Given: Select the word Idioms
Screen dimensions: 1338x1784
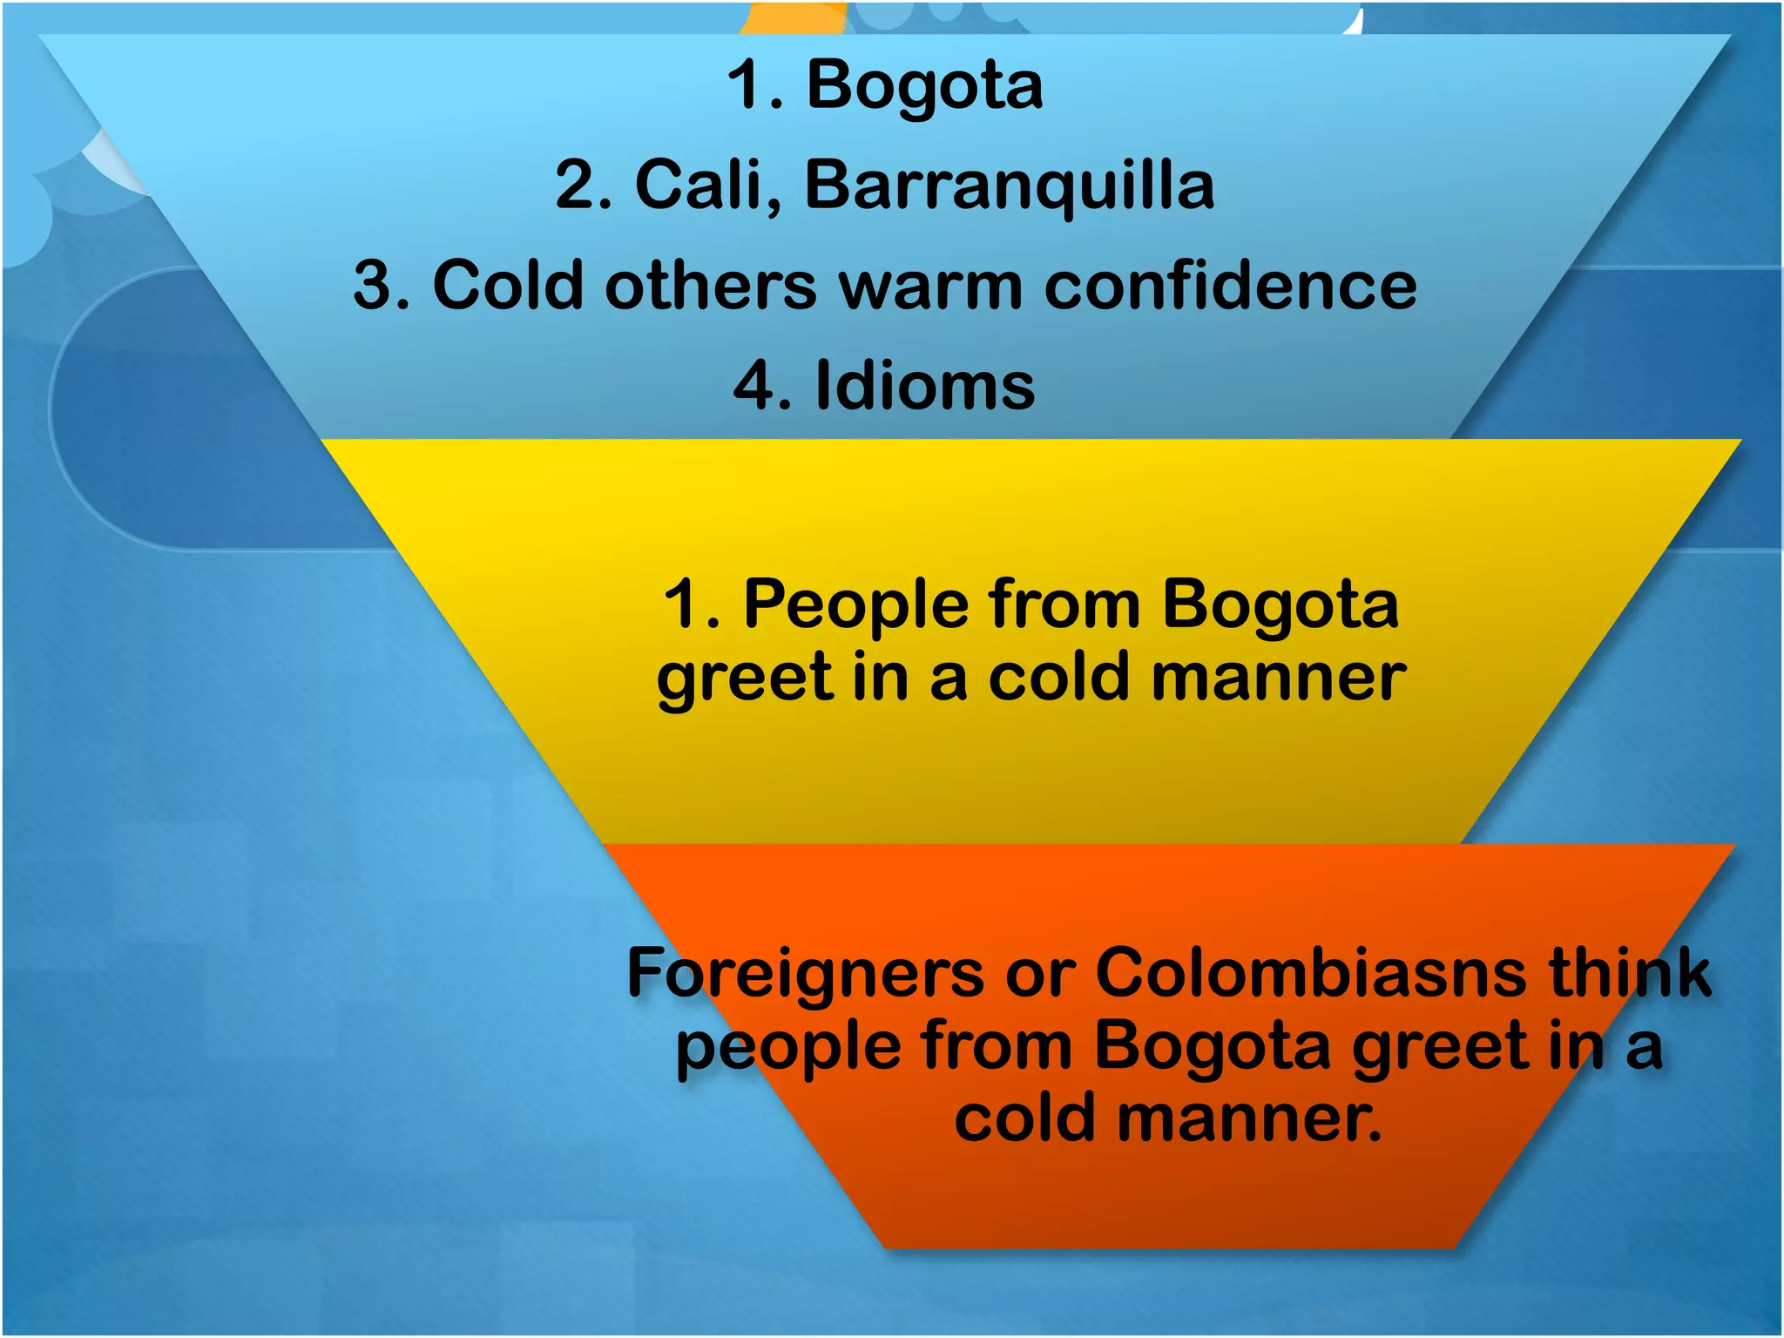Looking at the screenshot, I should tap(925, 386).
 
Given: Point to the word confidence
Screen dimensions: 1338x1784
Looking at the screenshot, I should tap(1230, 286).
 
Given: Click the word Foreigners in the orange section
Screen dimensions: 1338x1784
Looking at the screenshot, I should tap(806, 974).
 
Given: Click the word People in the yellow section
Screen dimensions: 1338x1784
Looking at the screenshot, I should tap(855, 604).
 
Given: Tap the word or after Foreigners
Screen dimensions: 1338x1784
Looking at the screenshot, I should tap(1040, 974).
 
